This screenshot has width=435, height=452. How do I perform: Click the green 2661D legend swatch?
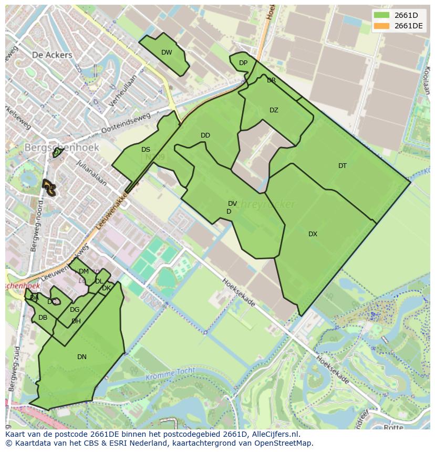381,15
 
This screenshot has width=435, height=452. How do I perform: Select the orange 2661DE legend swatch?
381,26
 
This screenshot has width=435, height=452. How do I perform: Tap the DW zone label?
167,52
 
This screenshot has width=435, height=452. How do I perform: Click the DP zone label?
243,63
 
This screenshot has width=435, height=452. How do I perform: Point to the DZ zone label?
274,110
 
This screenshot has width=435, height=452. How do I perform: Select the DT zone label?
343,166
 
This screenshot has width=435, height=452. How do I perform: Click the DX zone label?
313,234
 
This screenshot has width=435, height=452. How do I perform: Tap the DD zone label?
205,135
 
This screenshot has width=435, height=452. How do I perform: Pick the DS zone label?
146,150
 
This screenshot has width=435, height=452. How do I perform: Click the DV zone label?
232,204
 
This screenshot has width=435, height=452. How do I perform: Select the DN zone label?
82,357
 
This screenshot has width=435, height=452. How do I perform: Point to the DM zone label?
84,271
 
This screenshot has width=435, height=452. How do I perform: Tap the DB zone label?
43,318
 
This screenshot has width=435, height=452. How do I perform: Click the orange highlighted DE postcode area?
49,187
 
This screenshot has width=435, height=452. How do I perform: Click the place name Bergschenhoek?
61,148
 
